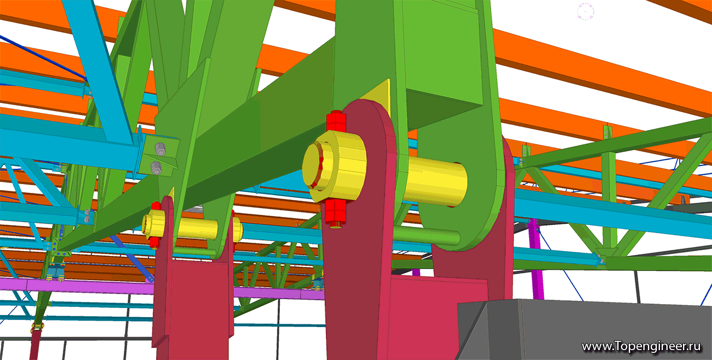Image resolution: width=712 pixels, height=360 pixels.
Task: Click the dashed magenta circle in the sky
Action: tap(585, 12)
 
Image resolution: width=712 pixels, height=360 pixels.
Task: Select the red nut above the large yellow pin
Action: tap(336, 121)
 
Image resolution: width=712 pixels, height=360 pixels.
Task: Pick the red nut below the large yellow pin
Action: tap(335, 214)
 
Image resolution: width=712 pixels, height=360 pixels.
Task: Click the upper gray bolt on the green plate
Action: tap(160, 149)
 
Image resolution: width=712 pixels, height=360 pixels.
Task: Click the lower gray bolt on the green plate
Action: tap(156, 168)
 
